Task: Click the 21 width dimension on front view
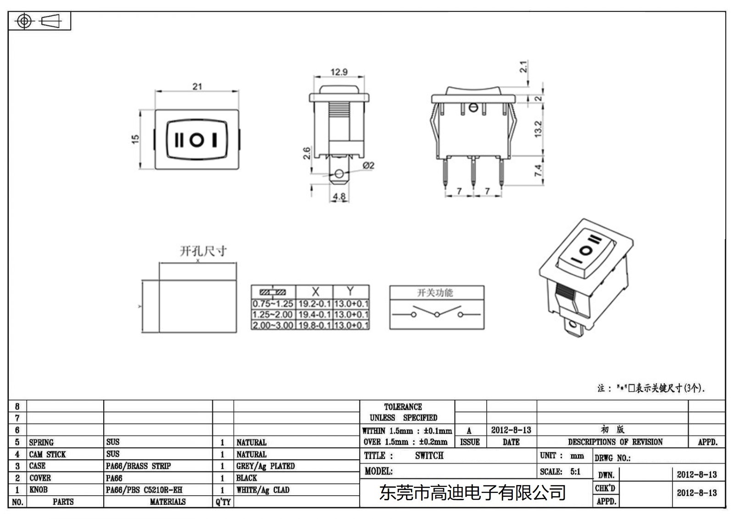(x=197, y=86)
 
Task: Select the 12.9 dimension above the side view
(x=339, y=72)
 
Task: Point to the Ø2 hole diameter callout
(x=368, y=166)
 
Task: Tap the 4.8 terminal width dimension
(x=339, y=197)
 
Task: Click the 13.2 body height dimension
(x=539, y=129)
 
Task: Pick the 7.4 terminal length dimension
(x=539, y=171)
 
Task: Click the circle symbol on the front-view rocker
(x=197, y=140)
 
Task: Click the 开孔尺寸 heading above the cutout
(x=203, y=251)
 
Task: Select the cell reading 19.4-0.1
(x=314, y=314)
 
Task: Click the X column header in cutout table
(x=315, y=291)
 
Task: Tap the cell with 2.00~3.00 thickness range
(x=272, y=325)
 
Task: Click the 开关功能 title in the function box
(x=434, y=293)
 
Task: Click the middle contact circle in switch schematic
(x=437, y=314)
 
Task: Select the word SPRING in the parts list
(x=41, y=442)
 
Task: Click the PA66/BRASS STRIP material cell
(x=138, y=466)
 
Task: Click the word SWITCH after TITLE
(x=429, y=456)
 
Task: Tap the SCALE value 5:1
(x=575, y=472)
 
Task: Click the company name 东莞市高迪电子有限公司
(x=472, y=493)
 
